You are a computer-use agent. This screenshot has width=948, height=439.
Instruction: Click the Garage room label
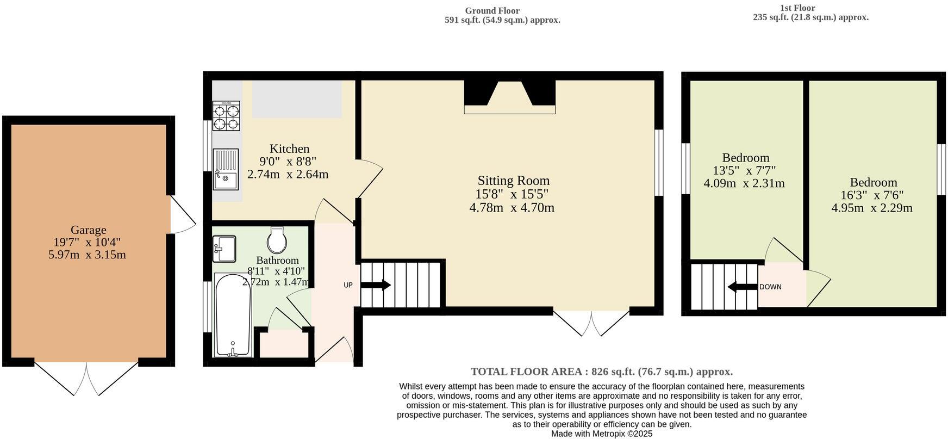click(88, 230)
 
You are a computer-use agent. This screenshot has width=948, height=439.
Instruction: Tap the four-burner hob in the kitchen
click(226, 116)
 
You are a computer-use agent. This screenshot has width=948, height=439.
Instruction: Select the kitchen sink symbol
click(226, 169)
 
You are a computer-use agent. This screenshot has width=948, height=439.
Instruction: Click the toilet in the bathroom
click(277, 240)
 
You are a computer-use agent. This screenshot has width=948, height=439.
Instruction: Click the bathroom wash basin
click(223, 249)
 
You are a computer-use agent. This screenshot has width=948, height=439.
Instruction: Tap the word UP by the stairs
click(348, 285)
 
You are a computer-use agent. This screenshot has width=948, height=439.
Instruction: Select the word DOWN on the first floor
click(770, 287)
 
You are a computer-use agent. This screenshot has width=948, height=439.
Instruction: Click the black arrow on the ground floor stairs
click(376, 285)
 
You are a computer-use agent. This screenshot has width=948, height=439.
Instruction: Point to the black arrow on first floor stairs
click(743, 287)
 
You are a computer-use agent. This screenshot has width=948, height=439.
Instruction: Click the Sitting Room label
click(514, 181)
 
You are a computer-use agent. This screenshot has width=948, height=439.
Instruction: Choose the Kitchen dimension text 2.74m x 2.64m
click(288, 175)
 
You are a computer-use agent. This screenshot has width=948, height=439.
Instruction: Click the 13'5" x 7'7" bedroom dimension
click(744, 171)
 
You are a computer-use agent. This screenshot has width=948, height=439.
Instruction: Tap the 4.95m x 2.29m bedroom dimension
click(872, 208)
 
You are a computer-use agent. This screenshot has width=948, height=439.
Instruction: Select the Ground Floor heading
click(492, 11)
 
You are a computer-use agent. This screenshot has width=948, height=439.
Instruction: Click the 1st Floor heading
click(797, 8)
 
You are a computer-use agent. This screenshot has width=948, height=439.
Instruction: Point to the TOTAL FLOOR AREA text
click(602, 372)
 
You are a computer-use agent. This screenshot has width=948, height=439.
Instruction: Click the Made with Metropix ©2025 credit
click(602, 434)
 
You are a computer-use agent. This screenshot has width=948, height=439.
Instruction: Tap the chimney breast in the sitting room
click(510, 97)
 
